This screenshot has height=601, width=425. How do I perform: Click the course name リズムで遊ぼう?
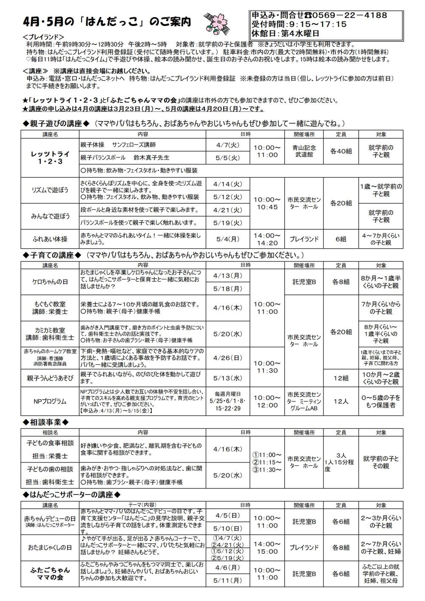click(x=50, y=190)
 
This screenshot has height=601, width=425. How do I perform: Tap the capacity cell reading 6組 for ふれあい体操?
click(x=341, y=239)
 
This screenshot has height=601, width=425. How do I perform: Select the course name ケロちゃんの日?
click(x=50, y=282)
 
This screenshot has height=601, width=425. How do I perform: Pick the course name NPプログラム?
click(x=50, y=401)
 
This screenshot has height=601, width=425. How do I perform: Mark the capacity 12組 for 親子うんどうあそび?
click(x=341, y=378)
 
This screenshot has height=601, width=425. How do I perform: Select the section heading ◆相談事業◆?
click(x=45, y=422)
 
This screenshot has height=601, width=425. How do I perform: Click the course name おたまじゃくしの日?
click(x=50, y=547)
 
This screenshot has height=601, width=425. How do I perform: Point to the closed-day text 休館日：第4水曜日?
click(x=286, y=33)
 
